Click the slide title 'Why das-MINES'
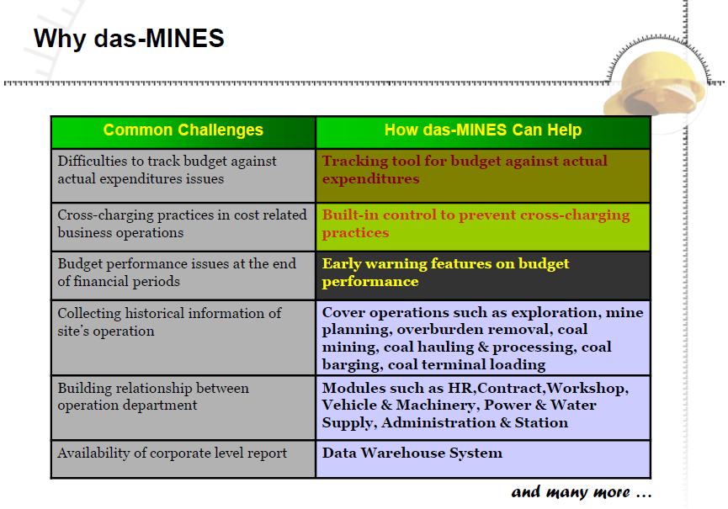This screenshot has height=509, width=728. (x=129, y=39)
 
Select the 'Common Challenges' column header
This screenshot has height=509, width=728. (x=183, y=130)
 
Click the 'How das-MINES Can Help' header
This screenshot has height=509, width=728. (x=483, y=130)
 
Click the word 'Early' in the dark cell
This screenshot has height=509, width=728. (x=342, y=264)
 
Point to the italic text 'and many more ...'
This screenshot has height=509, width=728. (x=582, y=492)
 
